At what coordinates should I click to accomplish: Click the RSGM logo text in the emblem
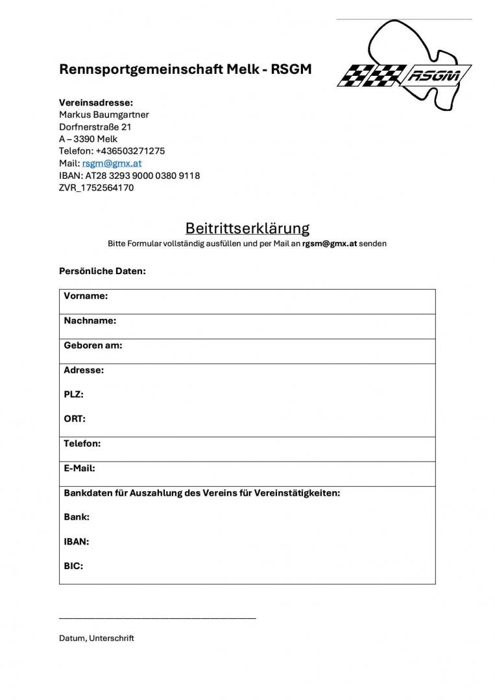point(434,76)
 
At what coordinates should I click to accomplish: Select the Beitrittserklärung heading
point(247,228)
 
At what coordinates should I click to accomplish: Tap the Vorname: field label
point(86,296)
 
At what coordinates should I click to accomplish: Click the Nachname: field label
point(90,321)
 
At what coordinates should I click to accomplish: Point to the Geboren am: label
point(93,345)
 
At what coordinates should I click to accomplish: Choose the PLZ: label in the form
point(73,394)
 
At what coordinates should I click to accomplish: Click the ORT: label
point(75,419)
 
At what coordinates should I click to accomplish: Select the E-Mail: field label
point(79,468)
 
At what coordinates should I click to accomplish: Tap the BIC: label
point(73,566)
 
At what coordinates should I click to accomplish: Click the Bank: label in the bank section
point(77,517)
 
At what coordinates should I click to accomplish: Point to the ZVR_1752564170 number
point(96,188)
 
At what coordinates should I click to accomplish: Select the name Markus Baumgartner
point(104,115)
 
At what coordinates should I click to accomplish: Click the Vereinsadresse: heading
point(96,102)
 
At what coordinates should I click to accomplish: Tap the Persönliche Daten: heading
point(103,271)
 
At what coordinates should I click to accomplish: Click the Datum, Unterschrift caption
point(97,638)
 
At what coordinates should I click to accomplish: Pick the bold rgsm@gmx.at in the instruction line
point(329,244)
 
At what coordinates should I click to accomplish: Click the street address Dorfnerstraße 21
point(95,127)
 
